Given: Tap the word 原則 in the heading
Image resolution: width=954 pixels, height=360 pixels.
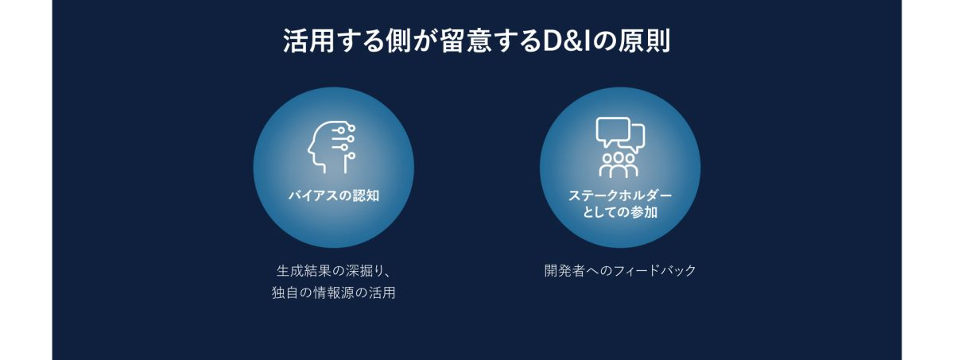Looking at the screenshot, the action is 646,41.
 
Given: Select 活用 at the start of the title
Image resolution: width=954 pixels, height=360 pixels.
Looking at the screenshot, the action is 308,41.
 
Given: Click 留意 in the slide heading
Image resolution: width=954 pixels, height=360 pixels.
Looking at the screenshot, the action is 465,41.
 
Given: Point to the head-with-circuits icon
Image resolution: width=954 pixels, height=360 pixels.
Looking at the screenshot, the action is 332,147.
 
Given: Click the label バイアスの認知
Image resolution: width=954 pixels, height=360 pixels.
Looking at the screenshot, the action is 334,195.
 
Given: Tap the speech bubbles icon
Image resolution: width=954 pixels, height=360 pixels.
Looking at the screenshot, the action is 620,134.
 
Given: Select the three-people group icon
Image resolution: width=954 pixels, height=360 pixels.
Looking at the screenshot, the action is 619,165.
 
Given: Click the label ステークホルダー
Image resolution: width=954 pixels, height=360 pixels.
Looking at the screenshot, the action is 620,195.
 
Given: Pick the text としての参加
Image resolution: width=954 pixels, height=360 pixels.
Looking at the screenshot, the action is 620,212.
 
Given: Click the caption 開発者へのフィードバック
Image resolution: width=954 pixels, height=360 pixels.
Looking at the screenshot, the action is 620,271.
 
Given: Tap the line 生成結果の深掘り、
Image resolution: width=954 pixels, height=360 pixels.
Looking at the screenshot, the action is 334,271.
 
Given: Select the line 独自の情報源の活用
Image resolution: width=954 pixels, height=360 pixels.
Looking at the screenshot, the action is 334,292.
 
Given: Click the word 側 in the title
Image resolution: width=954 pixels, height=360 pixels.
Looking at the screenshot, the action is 399,41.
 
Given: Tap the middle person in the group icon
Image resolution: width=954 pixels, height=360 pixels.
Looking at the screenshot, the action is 619,165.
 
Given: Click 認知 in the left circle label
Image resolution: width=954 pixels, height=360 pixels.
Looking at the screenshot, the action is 366,195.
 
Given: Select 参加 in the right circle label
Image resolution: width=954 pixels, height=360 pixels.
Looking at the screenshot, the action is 645,212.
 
